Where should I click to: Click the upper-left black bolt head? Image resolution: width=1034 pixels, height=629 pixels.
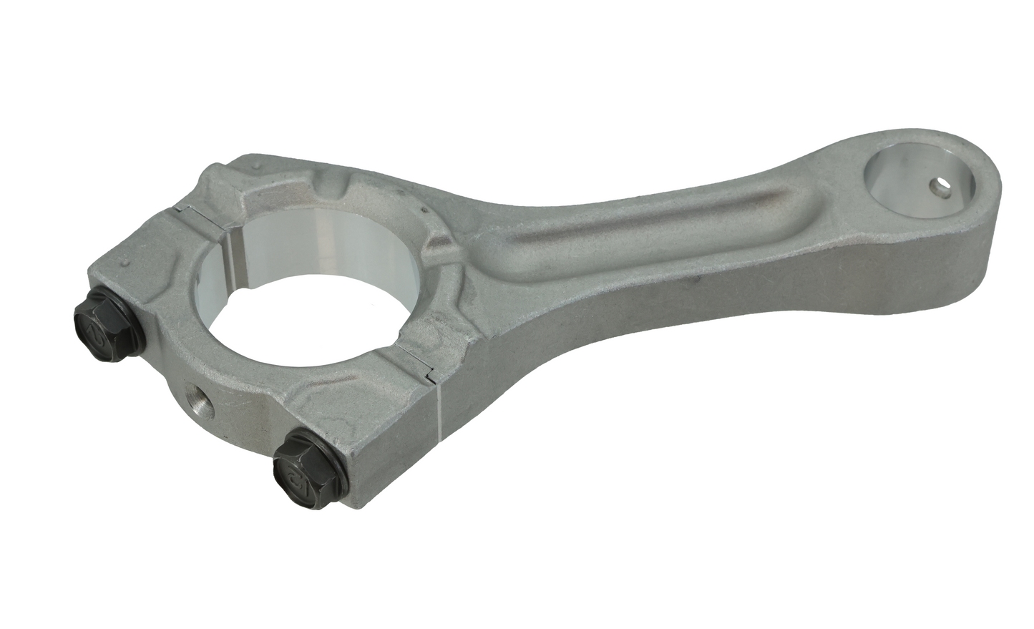(x=99, y=316)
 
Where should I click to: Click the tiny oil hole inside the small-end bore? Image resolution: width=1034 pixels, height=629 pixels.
(x=937, y=188)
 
